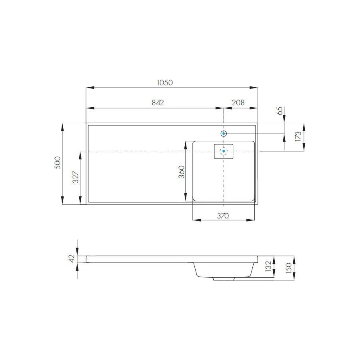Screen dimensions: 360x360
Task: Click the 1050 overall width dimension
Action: click(x=164, y=83)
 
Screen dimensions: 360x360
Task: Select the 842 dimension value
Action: click(x=158, y=103)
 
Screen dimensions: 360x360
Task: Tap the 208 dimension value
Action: click(x=238, y=103)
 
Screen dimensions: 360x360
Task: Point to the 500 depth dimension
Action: click(x=58, y=163)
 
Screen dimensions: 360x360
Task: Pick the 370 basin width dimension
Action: click(x=223, y=216)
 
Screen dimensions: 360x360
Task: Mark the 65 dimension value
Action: click(x=280, y=110)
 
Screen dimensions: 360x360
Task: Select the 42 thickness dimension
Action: click(x=72, y=259)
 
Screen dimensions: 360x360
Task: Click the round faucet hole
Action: click(x=224, y=133)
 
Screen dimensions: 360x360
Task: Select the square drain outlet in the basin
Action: click(x=224, y=151)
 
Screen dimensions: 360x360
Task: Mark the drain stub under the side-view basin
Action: click(x=224, y=278)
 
